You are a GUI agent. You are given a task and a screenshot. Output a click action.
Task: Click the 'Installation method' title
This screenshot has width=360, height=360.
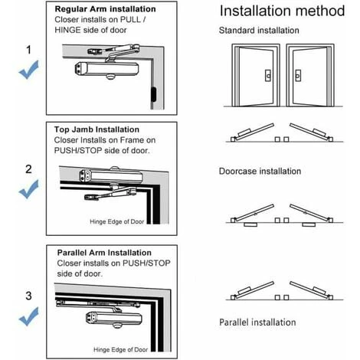[282, 11]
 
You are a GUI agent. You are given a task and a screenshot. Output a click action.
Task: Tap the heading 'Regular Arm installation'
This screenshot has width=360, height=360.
[105, 9]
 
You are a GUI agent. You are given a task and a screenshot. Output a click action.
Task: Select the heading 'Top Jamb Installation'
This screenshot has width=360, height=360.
[97, 129]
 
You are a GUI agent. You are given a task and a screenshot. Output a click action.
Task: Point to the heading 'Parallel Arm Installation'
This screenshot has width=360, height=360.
[104, 253]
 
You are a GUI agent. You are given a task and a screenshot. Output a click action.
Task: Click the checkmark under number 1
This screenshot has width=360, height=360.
[29, 70]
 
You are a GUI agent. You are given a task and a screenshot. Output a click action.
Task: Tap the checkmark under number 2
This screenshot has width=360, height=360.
[29, 189]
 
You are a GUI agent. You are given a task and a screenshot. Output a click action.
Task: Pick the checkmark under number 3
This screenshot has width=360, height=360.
[29, 316]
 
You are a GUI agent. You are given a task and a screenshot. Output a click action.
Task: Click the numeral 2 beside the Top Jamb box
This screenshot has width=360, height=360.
[28, 169]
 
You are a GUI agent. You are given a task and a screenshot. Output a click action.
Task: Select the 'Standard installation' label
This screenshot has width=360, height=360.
[259, 31]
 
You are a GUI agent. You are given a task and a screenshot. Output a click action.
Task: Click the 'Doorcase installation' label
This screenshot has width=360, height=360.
[260, 171]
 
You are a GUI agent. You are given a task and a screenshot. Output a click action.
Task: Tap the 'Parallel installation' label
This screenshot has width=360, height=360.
[257, 322]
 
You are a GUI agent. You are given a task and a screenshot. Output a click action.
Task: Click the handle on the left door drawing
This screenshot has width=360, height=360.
[268, 76]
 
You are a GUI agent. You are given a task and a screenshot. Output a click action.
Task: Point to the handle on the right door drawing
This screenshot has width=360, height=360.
[298, 76]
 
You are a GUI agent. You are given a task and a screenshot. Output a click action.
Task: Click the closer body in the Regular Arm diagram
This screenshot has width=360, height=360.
[106, 69]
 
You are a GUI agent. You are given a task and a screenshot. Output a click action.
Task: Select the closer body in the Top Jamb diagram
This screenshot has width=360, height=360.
[111, 175]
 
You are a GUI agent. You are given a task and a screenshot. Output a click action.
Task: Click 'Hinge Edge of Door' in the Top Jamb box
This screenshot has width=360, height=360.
[117, 221]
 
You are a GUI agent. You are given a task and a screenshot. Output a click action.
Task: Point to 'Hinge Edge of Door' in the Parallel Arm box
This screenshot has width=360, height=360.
[120, 349]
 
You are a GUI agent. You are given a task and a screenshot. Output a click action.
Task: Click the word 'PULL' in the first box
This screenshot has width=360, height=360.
[130, 20]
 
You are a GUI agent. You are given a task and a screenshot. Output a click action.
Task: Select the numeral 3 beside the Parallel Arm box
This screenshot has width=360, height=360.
[28, 296]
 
